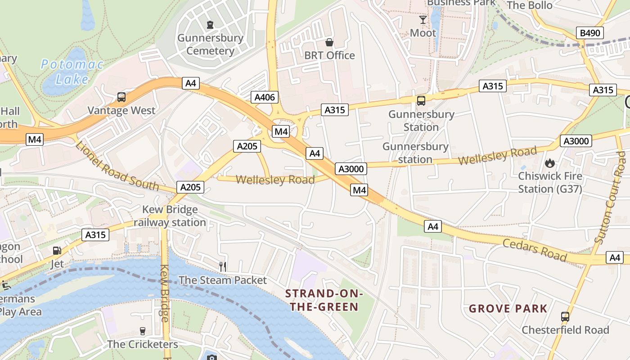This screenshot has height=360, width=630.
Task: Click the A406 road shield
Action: pos(266,97)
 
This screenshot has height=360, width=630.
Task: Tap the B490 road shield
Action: pos(590,33)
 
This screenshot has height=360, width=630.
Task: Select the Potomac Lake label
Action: pos(72,72)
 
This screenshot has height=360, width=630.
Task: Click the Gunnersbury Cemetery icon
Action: pos(210,24)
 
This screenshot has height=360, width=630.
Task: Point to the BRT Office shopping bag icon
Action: pos(329,42)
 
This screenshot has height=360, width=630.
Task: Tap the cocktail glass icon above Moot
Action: pos(423,20)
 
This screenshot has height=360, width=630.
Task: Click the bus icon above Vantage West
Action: pos(121,97)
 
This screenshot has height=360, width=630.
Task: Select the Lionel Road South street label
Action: pos(117,166)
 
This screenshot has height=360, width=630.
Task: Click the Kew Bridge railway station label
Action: pos(170,216)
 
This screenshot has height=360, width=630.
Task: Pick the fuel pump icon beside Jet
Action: pos(57,251)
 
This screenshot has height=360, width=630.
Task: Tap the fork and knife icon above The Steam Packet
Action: pos(222,266)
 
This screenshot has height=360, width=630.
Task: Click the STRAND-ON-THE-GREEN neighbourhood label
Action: pos(324,301)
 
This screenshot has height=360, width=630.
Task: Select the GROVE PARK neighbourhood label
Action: pos(508,309)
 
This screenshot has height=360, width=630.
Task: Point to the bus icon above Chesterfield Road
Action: pos(565,317)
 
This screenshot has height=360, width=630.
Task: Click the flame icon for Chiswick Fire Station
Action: pos(550,163)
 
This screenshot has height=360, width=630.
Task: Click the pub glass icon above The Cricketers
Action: pos(143,331)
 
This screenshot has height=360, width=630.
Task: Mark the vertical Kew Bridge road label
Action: pos(165,292)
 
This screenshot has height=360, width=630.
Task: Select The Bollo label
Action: pos(530,5)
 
